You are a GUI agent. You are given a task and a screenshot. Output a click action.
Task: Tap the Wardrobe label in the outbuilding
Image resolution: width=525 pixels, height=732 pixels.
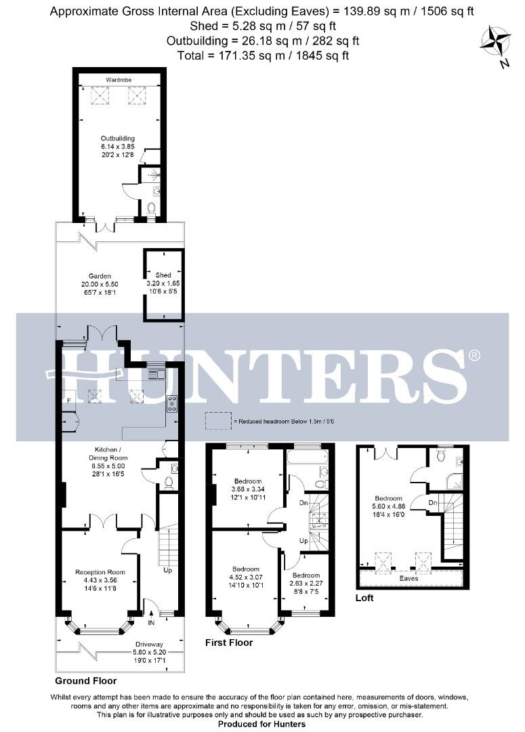pos(118,80)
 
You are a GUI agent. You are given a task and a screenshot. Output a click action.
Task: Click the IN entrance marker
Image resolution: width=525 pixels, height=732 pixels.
pos(151,622)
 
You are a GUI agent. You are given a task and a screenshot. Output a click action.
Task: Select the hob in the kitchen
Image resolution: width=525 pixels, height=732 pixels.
pos(172,404)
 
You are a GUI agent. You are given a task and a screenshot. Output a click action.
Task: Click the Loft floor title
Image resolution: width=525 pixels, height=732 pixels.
pos(364,598)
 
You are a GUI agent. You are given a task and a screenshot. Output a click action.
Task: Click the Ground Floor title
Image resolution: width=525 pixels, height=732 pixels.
pos(86,680)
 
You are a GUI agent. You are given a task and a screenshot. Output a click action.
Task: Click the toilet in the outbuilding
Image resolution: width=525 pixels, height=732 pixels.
pos(152,207)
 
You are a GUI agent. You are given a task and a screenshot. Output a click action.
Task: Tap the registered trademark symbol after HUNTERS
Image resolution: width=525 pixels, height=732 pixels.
pos(475,355)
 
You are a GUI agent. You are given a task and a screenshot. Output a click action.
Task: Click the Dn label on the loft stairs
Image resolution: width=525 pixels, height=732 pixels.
pos(432,502)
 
